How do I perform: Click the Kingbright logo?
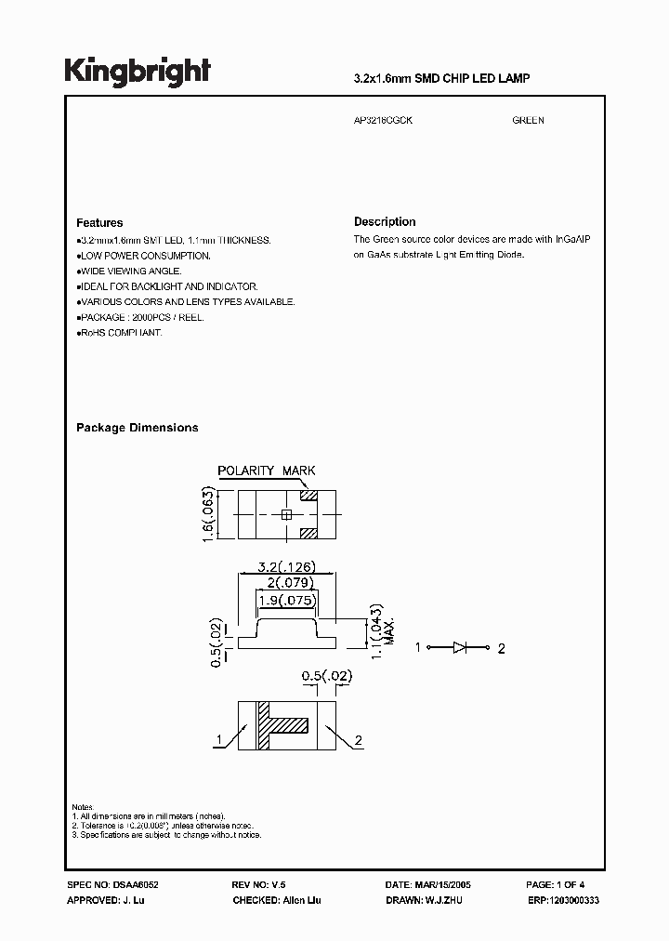pyautogui.click(x=138, y=72)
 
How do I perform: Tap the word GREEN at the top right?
pyautogui.click(x=528, y=121)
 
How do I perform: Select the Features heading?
pyautogui.click(x=99, y=223)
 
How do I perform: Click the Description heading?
pyautogui.click(x=385, y=222)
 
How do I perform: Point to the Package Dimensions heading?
pyautogui.click(x=137, y=428)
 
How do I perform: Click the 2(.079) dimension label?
pyautogui.click(x=287, y=583)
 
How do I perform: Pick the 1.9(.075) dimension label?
pyautogui.click(x=287, y=600)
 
